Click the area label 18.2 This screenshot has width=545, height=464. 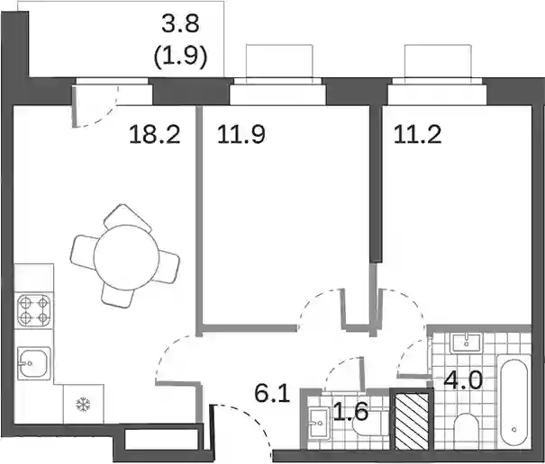tap(155, 135)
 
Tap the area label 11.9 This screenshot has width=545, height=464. tap(241, 135)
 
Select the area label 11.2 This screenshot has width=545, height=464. tap(417, 135)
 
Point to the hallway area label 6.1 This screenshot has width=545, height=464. tap(272, 394)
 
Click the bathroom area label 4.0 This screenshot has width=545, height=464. tap(463, 379)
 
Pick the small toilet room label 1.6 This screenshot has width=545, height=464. tap(350, 412)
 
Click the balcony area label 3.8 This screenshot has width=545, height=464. tap(180, 24)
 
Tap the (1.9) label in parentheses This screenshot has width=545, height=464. tap(180, 56)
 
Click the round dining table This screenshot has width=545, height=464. tap(126, 257)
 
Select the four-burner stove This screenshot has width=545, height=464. tap(33, 310)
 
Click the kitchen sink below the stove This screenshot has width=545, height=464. tap(34, 363)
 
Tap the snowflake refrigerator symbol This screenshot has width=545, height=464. tap(83, 405)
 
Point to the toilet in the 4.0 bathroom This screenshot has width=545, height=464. tap(467, 431)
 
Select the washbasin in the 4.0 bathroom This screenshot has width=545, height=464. tap(466, 343)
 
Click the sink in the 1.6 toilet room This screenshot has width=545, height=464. tap(319, 424)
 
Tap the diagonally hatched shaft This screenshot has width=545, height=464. tap(412, 420)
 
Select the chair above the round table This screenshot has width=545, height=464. tap(128, 218)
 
